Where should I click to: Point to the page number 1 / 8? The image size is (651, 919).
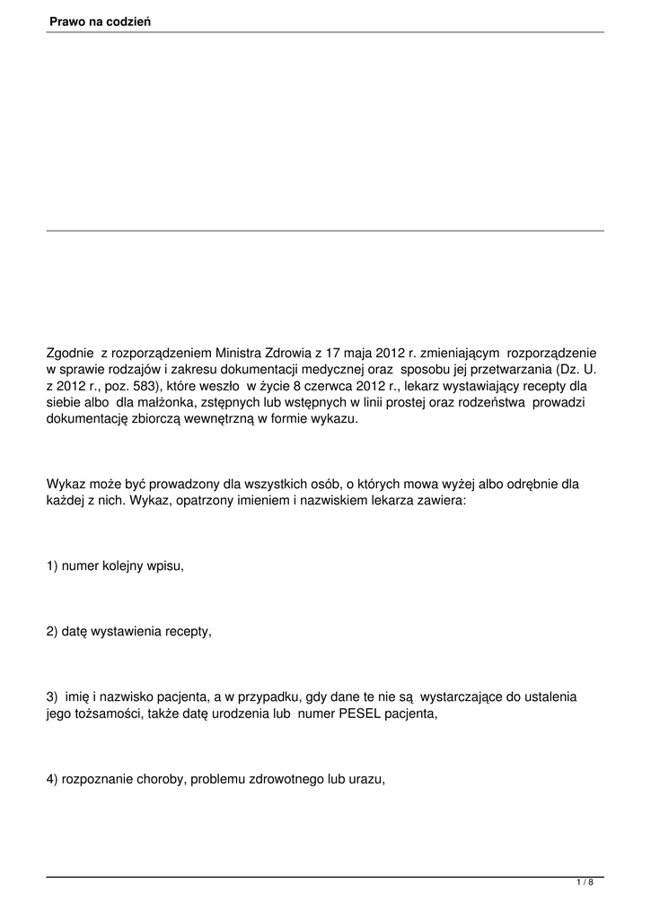point(585,883)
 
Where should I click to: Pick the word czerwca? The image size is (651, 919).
point(316,386)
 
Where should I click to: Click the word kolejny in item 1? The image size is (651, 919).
point(122,567)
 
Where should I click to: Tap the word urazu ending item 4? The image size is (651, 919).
point(366,779)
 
